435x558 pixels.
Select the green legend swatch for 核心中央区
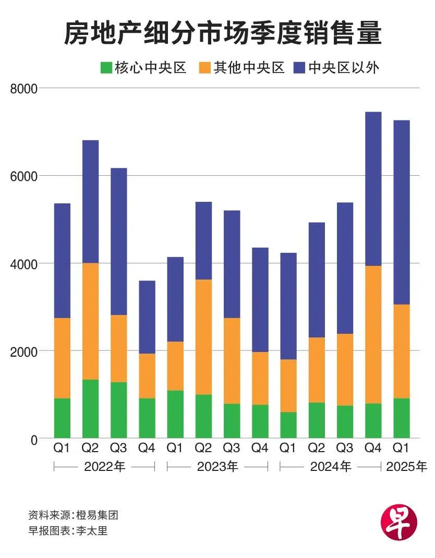tap(106, 68)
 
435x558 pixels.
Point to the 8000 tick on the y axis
tap(24, 89)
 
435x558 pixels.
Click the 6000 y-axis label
tap(24, 176)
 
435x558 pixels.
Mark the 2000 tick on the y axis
tap(24, 351)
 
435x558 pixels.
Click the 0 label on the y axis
tap(34, 439)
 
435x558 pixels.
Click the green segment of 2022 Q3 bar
tap(119, 410)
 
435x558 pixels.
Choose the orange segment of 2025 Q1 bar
tap(402, 351)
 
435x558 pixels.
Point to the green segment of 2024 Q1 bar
tap(288, 425)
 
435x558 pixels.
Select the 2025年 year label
tap(406, 467)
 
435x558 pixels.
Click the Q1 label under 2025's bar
tap(402, 448)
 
